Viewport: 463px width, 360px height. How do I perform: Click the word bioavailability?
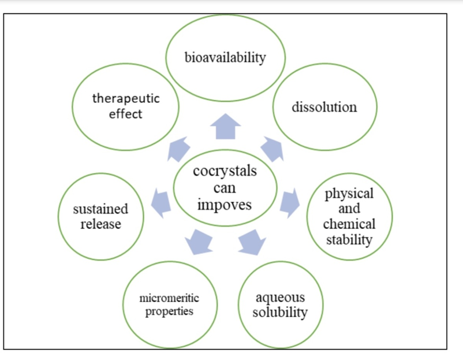click(225, 57)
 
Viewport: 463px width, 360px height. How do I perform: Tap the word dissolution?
click(324, 107)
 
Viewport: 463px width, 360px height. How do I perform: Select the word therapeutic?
click(126, 98)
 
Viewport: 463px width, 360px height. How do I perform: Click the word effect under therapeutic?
click(125, 113)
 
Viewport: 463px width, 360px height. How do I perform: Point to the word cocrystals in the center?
click(225, 172)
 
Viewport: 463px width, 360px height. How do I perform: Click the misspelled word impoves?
click(225, 204)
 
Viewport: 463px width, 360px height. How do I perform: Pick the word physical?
click(349, 193)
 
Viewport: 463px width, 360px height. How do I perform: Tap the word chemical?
click(349, 224)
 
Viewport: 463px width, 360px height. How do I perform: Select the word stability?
click(349, 239)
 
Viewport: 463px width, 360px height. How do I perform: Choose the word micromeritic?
click(169, 298)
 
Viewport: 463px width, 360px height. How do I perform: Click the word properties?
click(169, 311)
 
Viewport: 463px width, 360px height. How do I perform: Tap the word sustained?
click(100, 209)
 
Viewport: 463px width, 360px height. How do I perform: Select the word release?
click(100, 224)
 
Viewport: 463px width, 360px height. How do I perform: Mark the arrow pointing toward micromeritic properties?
click(199, 239)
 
